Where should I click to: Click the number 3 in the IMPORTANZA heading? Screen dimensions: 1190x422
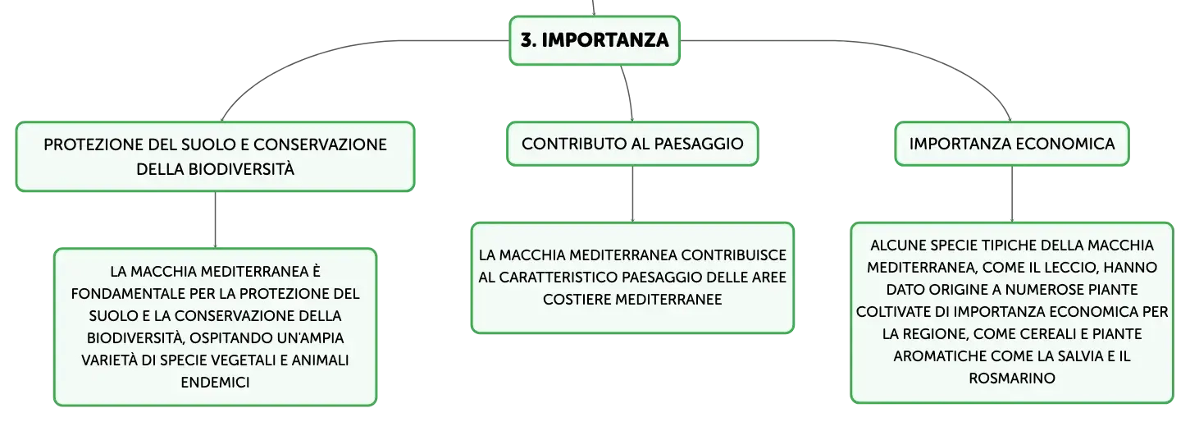click(x=527, y=40)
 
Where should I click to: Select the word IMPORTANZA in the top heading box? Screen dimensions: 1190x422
click(x=605, y=40)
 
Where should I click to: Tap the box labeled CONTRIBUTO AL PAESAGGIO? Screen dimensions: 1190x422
click(x=632, y=144)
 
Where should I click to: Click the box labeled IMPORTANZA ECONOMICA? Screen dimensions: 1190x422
click(x=1011, y=144)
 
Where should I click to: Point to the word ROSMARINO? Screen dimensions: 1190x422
click(x=1011, y=378)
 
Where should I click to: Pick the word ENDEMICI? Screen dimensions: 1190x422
click(x=215, y=383)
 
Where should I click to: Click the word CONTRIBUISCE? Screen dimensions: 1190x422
click(x=734, y=255)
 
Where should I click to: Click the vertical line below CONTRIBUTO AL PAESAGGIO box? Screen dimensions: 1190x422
click(x=632, y=194)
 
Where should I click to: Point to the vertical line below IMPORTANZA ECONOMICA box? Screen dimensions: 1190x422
click(x=1011, y=194)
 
